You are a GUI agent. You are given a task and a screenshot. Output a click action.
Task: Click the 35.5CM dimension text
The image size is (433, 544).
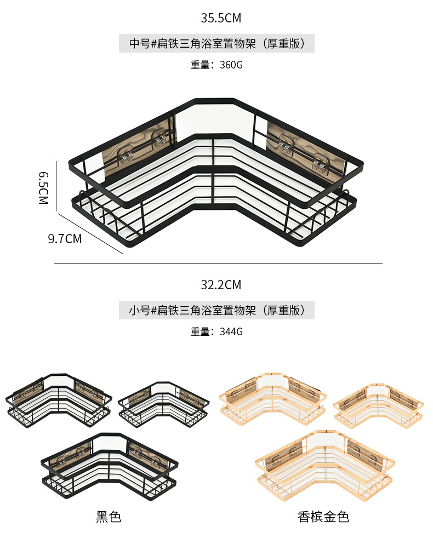tap(220, 18)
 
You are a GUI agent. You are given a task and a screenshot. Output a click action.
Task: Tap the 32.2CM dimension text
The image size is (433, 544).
tap(220, 285)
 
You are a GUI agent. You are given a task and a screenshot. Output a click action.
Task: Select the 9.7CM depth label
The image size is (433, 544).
tap(65, 239)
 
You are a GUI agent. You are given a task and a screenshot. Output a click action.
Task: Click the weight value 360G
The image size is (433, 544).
tap(231, 65)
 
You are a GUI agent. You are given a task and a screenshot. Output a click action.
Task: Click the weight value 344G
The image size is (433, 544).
tap(231, 331)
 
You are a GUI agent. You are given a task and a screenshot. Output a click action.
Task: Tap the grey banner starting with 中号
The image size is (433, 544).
tap(216, 43)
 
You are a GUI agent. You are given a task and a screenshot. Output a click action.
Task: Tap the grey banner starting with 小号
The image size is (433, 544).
tap(216, 311)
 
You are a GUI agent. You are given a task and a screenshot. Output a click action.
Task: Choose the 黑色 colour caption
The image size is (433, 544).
tap(109, 516)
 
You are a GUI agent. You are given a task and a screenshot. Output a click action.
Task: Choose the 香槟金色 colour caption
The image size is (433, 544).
tap(323, 516)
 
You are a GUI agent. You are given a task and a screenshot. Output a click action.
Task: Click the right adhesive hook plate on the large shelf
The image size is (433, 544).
tap(304, 148)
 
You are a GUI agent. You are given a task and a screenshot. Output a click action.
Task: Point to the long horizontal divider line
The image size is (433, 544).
tap(218, 264)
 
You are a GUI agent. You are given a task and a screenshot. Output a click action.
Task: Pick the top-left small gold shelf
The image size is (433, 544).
tap(272, 400)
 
